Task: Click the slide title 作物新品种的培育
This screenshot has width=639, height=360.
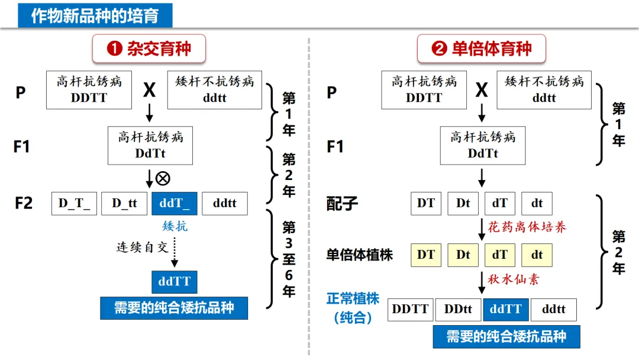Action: pos(95,15)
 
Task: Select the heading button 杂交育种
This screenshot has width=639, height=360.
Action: pos(149,49)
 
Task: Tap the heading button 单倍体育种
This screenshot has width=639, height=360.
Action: pos(482,49)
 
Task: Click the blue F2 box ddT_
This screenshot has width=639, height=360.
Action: pos(174,204)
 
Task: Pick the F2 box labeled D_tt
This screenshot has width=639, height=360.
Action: pos(124,204)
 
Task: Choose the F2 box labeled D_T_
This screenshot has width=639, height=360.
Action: pos(75,204)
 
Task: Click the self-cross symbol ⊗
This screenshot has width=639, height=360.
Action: pos(163,178)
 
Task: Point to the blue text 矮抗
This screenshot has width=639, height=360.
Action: pos(175,226)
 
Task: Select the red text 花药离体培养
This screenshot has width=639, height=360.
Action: pos(527,227)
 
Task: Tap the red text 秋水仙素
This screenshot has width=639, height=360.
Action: pos(513,279)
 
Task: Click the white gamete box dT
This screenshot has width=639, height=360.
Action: pos(500,204)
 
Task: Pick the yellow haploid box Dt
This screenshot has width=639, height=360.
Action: pos(463,255)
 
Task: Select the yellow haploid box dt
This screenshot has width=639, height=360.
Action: pos(537,255)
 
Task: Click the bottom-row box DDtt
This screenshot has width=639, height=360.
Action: pos(458,309)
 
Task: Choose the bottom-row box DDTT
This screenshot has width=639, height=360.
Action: pos(410,309)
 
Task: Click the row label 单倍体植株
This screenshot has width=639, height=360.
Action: pos(360,255)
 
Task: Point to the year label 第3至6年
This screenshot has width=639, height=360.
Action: pos(289,259)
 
